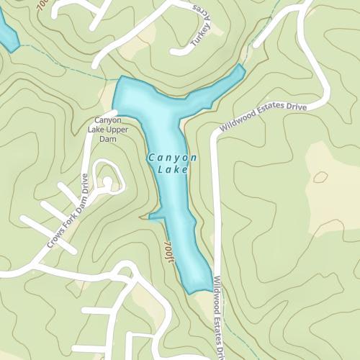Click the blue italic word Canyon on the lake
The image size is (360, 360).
[x=172, y=157]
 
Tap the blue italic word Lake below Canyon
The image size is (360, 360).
[x=172, y=170]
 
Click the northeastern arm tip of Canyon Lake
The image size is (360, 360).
[x=240, y=69]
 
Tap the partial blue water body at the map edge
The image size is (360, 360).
[x=7, y=36]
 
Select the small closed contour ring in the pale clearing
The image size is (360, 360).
[x=320, y=176]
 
